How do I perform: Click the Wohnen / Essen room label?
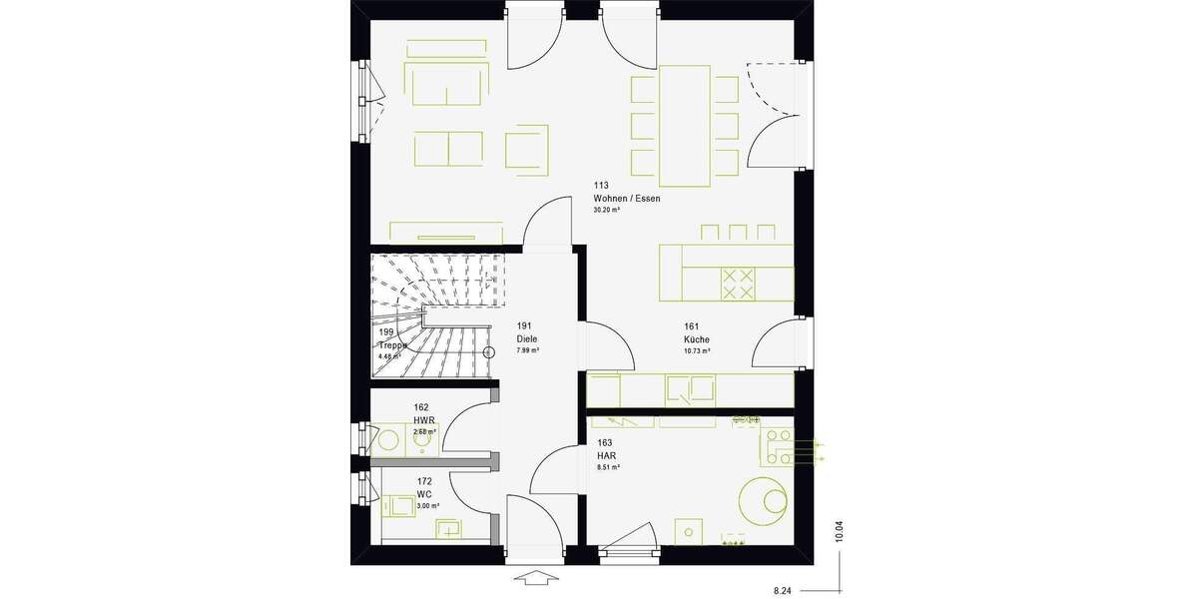(626, 199)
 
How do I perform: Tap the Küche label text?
(697, 339)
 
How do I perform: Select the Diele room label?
(527, 339)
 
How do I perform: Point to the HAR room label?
(606, 454)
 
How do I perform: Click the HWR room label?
(424, 420)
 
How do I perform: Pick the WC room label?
(424, 494)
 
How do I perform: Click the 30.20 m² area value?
(607, 211)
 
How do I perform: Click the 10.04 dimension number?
(840, 531)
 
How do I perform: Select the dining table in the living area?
(684, 126)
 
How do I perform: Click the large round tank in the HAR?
(765, 500)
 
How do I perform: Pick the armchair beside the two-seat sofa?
(526, 148)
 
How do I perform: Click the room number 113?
(601, 186)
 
